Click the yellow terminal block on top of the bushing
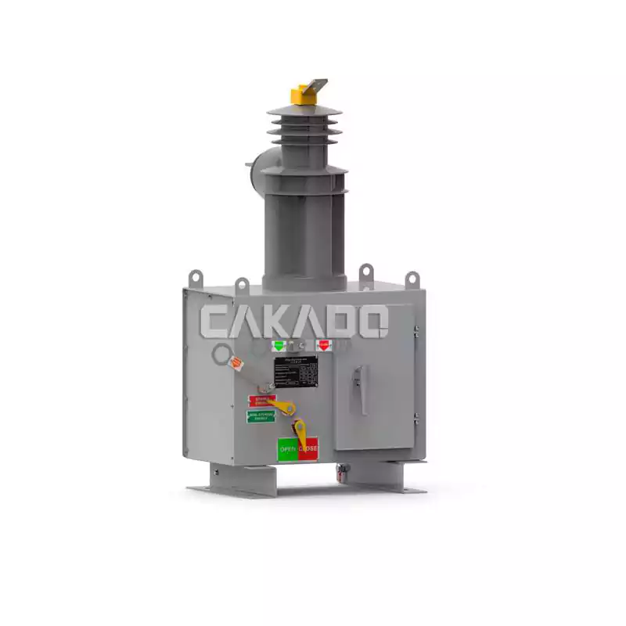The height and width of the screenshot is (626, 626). pyautogui.click(x=300, y=95)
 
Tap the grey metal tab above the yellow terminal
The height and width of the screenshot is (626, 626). pyautogui.click(x=316, y=84)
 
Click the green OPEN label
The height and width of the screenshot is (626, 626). pyautogui.click(x=288, y=449)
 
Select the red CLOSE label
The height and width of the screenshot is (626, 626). pyautogui.click(x=308, y=448)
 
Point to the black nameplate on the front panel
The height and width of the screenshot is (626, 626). pyautogui.click(x=295, y=372)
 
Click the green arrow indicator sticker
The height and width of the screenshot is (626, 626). pyautogui.click(x=279, y=345)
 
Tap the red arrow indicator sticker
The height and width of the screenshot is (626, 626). pyautogui.click(x=323, y=345)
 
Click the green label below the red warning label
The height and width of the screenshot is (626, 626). pyautogui.click(x=261, y=416)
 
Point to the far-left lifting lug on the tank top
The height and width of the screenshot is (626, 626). pyautogui.click(x=196, y=278)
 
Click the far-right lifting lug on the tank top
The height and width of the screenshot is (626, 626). pyautogui.click(x=412, y=279)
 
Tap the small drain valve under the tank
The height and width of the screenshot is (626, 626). pyautogui.click(x=340, y=471)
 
